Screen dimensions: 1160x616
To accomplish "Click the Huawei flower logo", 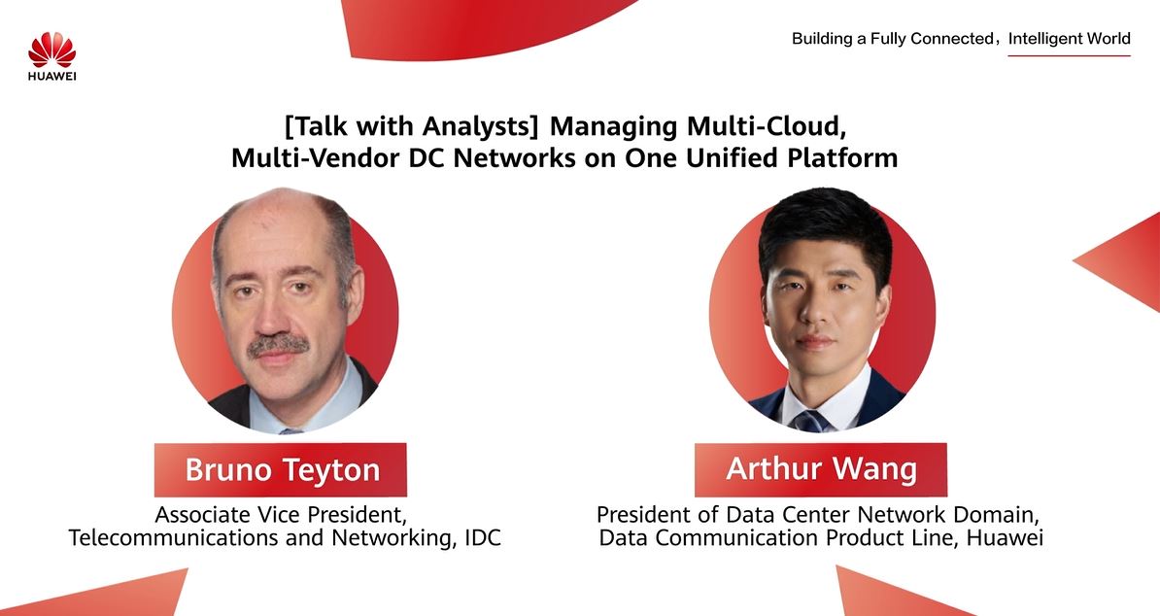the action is pos(51,50).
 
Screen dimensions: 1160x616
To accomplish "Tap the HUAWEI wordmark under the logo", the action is pos(52,76).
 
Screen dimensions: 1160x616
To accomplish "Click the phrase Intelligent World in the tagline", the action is pos(1069,39).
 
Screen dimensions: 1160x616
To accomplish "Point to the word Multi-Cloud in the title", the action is pos(767,125).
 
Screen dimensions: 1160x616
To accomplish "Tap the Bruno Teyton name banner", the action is pos(281,469).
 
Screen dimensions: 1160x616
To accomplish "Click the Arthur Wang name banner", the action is pos(820,469).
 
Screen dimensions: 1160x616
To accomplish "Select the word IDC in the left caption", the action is pos(482,537).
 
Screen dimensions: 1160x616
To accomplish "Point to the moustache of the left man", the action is pos(278,345).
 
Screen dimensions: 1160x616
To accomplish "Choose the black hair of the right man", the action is pos(825,225).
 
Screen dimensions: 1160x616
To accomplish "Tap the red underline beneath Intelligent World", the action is pos(1069,55).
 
